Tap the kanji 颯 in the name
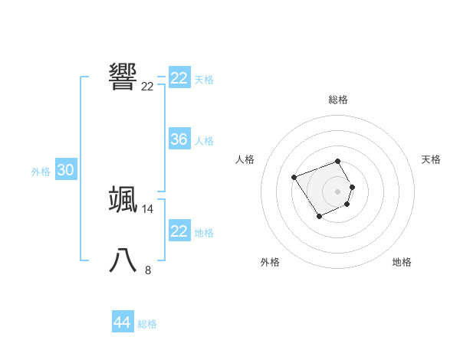tap(123, 198)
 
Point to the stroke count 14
tap(148, 208)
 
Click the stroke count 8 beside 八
tap(148, 270)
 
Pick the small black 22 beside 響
tap(148, 86)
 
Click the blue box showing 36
tap(179, 139)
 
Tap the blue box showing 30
tap(66, 171)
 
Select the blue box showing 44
tap(122, 322)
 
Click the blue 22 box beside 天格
tap(179, 78)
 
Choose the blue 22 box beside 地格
tap(179, 231)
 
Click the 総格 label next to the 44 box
tap(147, 324)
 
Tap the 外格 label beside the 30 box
tap(41, 172)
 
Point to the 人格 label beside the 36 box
tap(205, 141)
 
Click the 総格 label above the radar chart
tap(338, 100)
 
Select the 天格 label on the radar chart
tap(431, 159)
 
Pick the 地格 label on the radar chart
tap(402, 262)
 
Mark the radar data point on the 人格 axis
tap(294, 178)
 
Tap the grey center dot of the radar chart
tap(338, 191)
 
